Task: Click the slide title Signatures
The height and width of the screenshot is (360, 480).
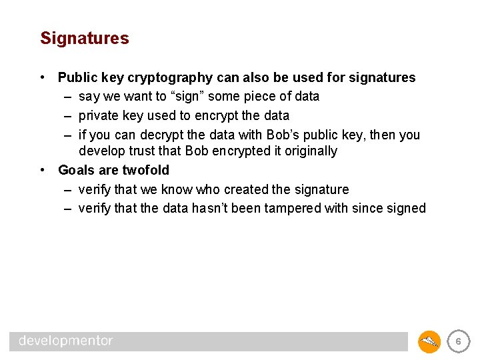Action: pos(84,39)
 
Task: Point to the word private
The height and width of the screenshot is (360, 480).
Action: pos(99,115)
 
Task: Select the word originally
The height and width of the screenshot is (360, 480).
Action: pos(306,151)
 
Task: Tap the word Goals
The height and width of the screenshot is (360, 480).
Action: pos(77,170)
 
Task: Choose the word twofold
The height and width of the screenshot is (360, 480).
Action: pos(146,170)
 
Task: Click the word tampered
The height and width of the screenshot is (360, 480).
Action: pos(293,208)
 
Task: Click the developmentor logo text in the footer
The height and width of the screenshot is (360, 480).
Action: pos(66,341)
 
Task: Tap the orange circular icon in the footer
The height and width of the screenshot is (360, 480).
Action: pos(429,341)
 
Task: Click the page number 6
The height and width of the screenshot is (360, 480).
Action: pos(458,341)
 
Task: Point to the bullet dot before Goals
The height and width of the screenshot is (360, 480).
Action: pos(43,170)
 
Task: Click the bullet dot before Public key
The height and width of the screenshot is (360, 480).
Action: pos(43,77)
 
